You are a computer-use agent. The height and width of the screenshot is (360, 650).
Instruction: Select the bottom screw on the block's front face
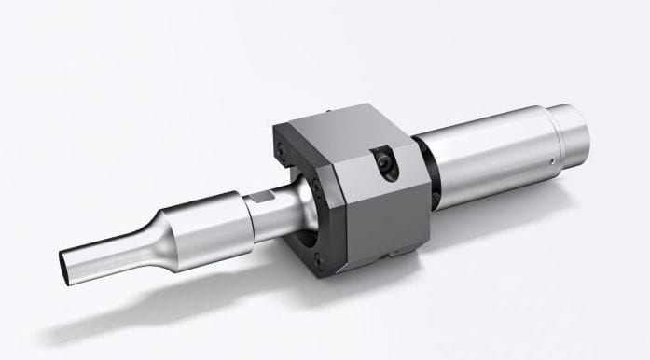click(319, 262)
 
